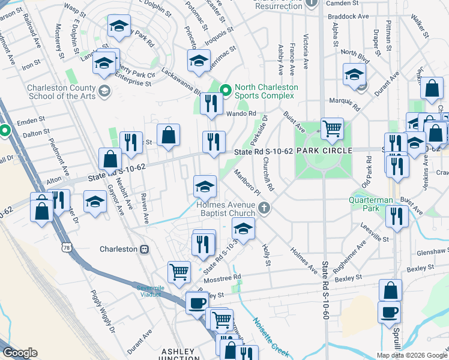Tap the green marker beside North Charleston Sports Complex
coord(226,91)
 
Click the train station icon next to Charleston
coord(144,249)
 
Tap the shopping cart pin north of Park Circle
coord(332,127)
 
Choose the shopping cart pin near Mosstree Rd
coord(179,271)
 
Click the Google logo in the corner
coord(20,353)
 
